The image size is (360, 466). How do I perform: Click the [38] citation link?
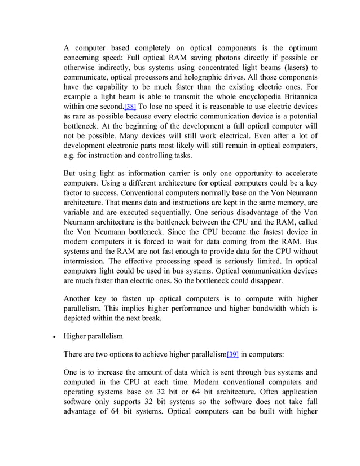click(129, 107)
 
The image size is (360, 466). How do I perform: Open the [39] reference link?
click(232, 355)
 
